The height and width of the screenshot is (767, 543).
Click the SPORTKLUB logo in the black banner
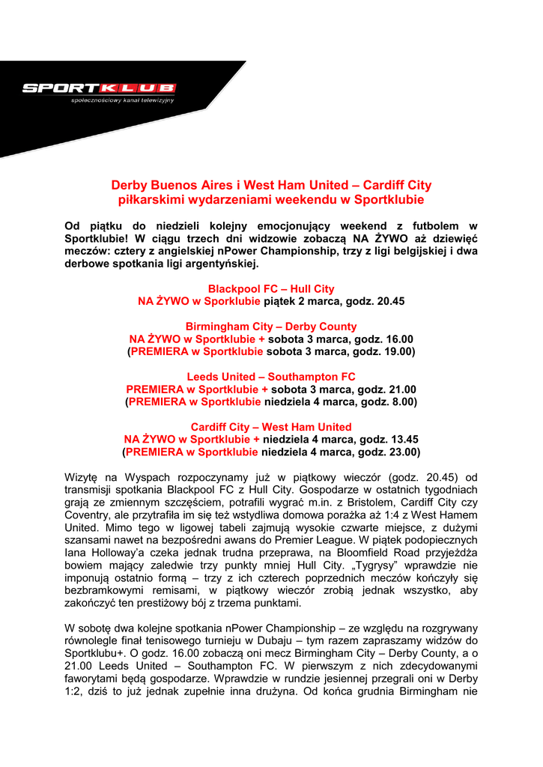[x=99, y=88]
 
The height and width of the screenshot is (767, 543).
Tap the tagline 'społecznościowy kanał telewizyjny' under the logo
[x=122, y=100]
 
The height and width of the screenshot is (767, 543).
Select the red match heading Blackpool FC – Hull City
[x=271, y=289]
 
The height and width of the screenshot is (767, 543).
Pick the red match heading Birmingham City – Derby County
[x=271, y=327]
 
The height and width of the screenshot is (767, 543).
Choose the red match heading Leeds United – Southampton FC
[x=271, y=377]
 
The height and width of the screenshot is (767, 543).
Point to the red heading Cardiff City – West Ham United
[x=271, y=427]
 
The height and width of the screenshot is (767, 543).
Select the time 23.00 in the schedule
[x=402, y=452]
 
